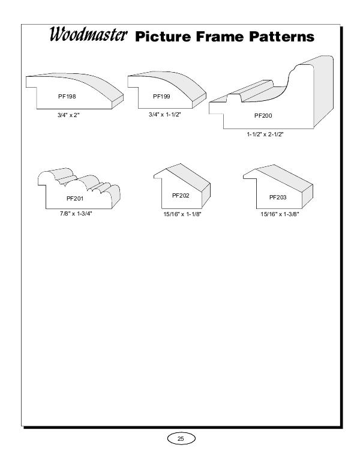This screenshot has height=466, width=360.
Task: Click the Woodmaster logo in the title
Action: (88, 34)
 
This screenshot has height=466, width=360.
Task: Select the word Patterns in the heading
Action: (281, 37)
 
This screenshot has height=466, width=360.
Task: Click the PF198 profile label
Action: (67, 96)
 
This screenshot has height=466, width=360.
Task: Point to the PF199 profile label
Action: (161, 96)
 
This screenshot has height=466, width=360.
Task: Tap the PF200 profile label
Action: (263, 116)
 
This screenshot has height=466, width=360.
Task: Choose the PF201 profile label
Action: (75, 199)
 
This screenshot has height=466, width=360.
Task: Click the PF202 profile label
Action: (181, 196)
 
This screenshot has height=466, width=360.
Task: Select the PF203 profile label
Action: (278, 198)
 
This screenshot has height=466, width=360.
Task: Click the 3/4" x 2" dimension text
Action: (68, 115)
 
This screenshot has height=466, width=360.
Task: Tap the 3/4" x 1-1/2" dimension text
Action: (164, 115)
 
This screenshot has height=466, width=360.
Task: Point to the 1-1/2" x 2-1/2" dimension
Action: (265, 134)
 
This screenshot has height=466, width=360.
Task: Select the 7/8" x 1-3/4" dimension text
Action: (76, 214)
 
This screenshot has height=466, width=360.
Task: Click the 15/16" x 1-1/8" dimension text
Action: (182, 214)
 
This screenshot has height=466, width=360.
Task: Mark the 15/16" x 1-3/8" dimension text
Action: (280, 214)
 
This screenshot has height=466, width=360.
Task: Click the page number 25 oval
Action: (181, 438)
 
